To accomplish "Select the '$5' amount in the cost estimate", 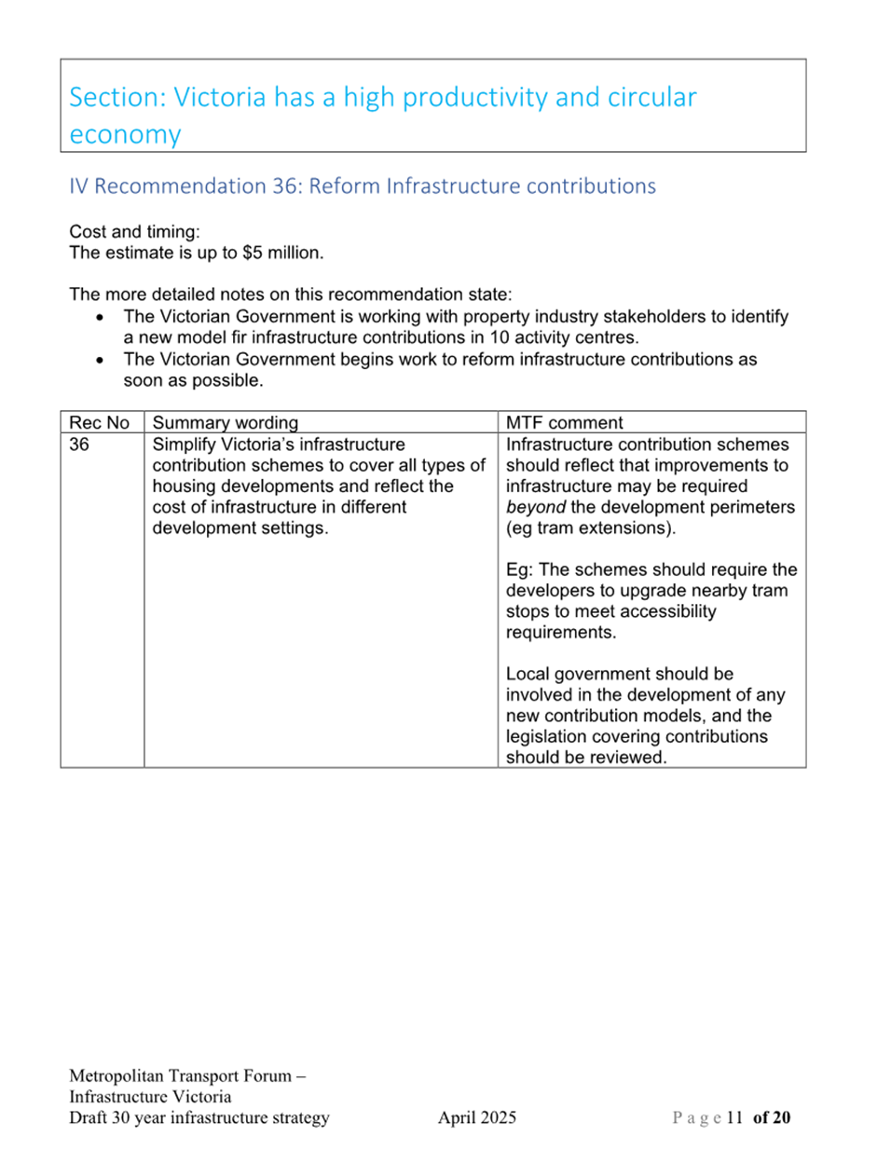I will (x=253, y=253).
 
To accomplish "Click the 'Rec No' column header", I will (x=99, y=422).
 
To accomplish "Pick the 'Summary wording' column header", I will (x=226, y=422).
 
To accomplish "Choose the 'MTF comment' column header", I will (x=564, y=422).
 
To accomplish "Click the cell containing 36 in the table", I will (x=79, y=445).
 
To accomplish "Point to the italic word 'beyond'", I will (x=535, y=507).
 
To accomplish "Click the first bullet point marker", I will (x=100, y=318).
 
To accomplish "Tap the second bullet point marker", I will (x=100, y=361).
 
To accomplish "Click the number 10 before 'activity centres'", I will (x=500, y=337).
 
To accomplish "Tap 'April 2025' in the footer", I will (x=477, y=1117).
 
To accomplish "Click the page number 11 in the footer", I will (x=734, y=1117).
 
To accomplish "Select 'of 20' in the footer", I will (x=772, y=1117).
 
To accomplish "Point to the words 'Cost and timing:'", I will (x=134, y=232).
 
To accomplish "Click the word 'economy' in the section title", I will (x=125, y=135).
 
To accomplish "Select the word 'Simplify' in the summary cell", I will (x=185, y=445).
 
